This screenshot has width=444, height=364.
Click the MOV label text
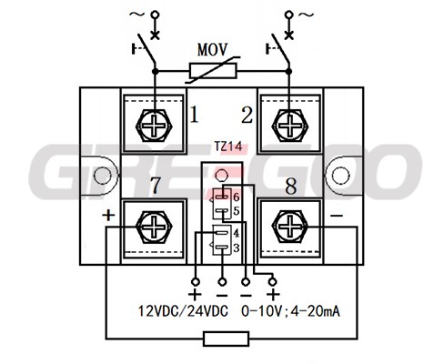(212, 50)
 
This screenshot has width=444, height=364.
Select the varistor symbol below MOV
(213, 70)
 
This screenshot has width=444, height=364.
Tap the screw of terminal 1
(155, 125)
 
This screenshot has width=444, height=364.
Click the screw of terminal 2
(290, 125)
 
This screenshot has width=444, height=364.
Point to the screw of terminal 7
(155, 227)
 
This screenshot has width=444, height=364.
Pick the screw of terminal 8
(290, 227)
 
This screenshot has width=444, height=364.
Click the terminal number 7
(156, 185)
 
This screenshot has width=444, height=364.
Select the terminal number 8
(291, 186)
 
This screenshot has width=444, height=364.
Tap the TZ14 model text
(228, 147)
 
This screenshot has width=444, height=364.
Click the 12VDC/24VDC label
(183, 311)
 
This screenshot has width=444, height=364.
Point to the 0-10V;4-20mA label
(290, 311)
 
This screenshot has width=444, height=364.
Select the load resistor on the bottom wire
(227, 339)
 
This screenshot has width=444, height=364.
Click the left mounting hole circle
(103, 176)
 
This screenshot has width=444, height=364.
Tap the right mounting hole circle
(340, 176)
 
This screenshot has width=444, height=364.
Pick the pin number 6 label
(237, 197)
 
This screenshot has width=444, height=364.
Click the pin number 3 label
(237, 248)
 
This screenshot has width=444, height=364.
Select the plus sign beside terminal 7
(108, 216)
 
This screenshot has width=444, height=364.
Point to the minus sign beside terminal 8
(337, 216)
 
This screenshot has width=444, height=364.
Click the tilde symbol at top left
(136, 14)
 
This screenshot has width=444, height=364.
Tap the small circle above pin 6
(221, 175)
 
